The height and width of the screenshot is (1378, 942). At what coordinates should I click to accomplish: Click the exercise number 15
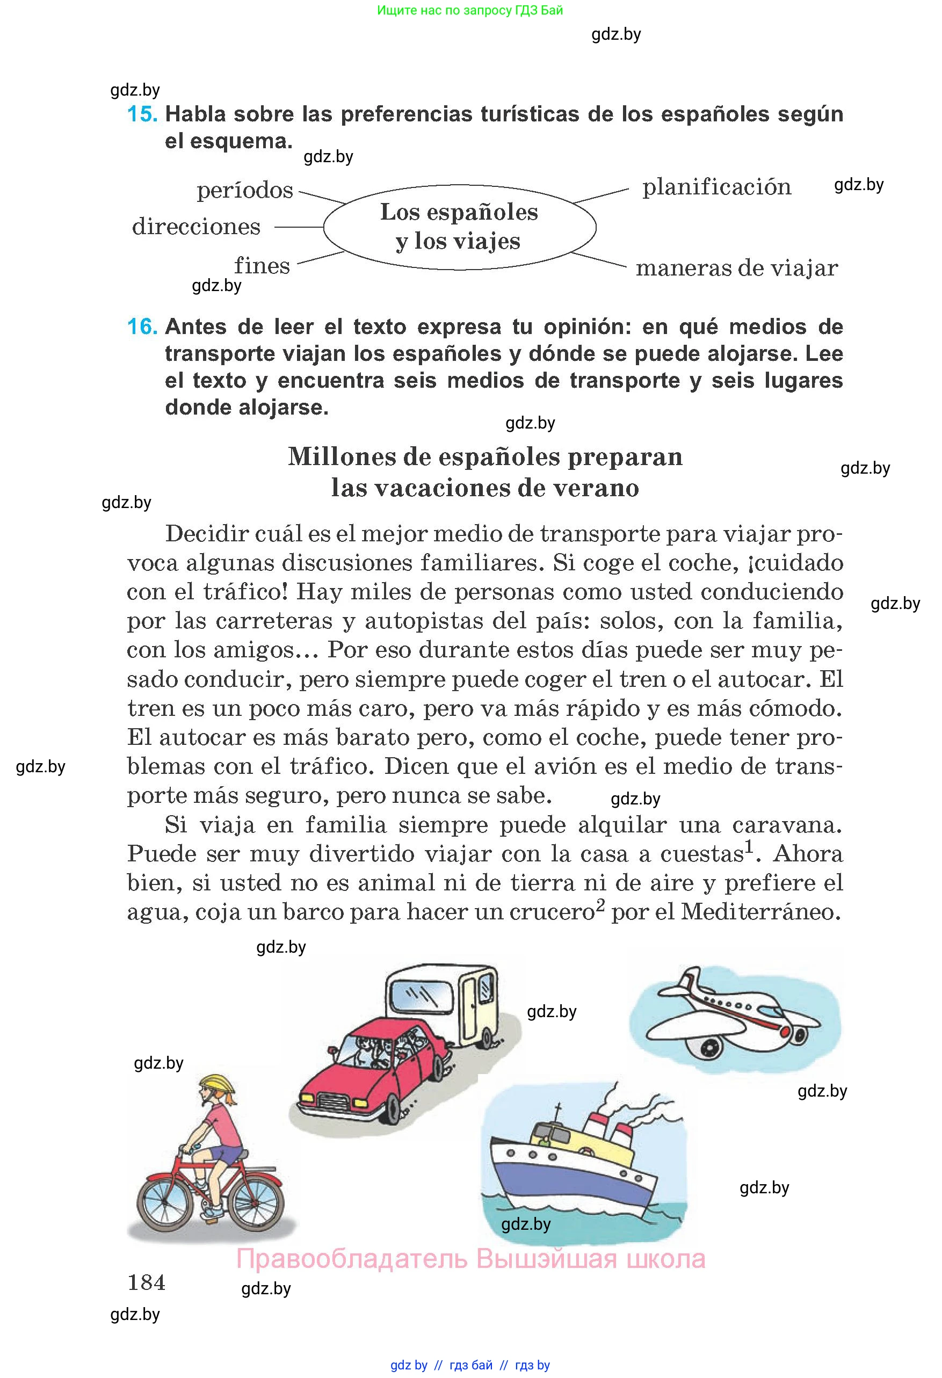(x=142, y=114)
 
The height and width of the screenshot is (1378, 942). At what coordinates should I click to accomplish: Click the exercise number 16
(x=142, y=327)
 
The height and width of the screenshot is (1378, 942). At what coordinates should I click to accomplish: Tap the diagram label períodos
(x=245, y=190)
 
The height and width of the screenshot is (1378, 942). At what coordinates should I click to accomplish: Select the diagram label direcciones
(x=196, y=227)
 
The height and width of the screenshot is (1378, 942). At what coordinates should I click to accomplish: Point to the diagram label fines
(x=262, y=266)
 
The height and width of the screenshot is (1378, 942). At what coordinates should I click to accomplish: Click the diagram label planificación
(x=717, y=187)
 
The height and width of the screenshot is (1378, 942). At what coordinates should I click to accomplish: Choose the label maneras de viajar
(x=737, y=268)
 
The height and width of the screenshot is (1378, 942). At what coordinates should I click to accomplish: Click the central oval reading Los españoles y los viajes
(x=459, y=227)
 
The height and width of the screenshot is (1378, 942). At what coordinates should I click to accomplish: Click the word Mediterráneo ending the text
(x=761, y=912)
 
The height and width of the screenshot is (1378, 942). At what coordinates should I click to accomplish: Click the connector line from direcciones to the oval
(x=299, y=227)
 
